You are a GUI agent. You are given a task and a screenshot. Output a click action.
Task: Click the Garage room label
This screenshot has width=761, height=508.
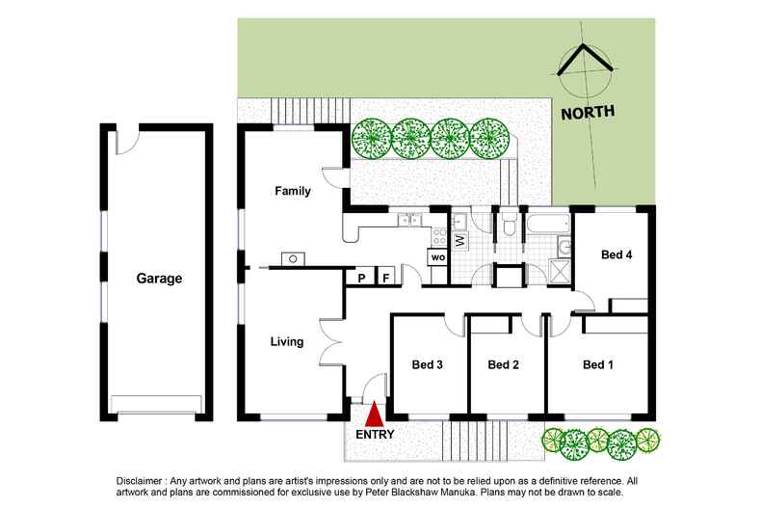pos(159,279)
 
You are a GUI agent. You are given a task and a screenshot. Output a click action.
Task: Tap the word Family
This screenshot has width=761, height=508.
pos(293,191)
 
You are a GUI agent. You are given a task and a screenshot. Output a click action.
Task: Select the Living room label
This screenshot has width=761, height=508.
pos(287,341)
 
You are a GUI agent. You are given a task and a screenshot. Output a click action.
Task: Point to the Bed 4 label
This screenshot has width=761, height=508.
pos(617,255)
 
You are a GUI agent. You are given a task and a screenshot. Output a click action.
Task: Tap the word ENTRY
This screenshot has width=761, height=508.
pos(375,435)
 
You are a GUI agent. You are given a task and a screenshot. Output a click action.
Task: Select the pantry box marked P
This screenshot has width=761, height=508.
pos(361,278)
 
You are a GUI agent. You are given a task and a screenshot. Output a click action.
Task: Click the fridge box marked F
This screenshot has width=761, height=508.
pos(386,278)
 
